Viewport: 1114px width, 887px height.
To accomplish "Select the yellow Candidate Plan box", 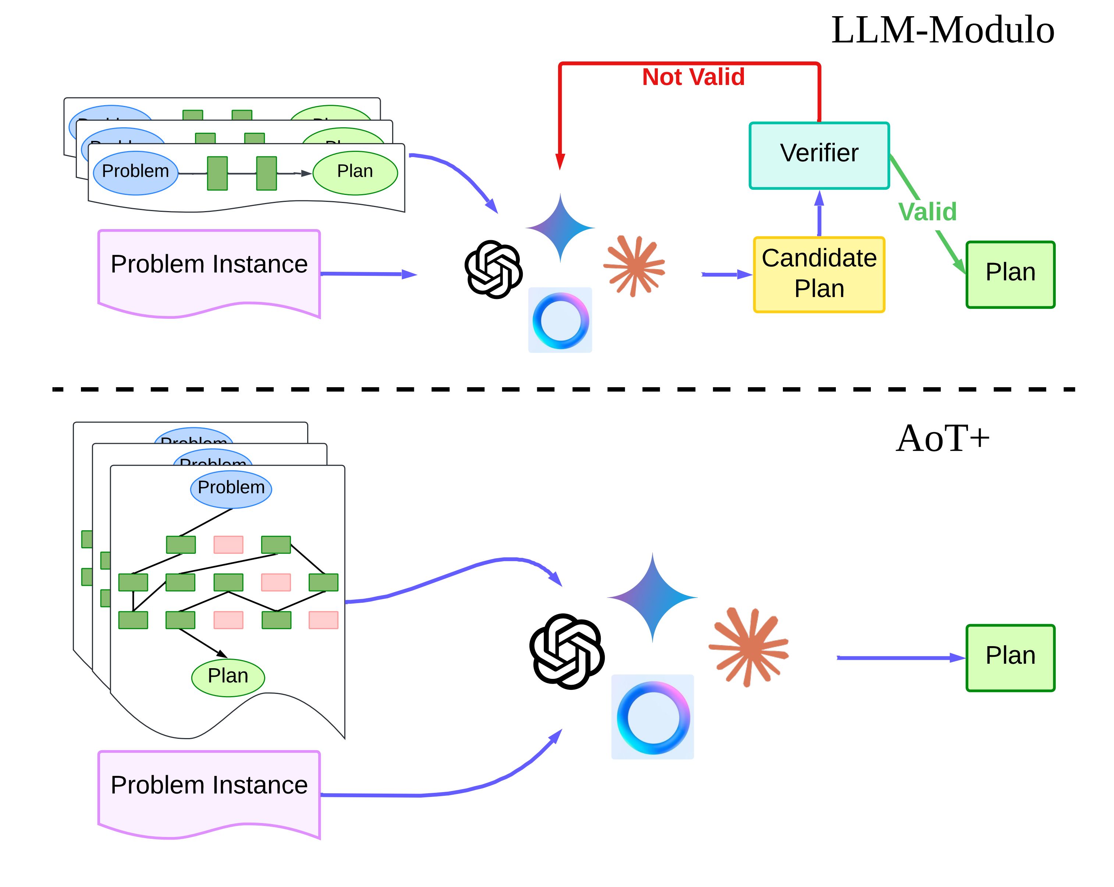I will (819, 274).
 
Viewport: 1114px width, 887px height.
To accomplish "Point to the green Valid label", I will (927, 212).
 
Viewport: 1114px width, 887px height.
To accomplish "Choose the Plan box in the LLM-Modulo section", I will (1010, 274).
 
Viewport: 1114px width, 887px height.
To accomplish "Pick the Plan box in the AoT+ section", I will (1010, 658).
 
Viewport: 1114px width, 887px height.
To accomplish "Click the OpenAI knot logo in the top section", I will (493, 269).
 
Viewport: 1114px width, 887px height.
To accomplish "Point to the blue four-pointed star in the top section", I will (560, 228).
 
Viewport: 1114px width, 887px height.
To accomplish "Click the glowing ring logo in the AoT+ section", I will (653, 717).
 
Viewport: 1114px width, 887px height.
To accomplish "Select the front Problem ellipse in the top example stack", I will (135, 172).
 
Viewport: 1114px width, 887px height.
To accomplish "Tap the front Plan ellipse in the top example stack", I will (355, 172).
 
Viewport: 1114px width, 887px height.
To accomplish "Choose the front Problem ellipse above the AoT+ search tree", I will (231, 489).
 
